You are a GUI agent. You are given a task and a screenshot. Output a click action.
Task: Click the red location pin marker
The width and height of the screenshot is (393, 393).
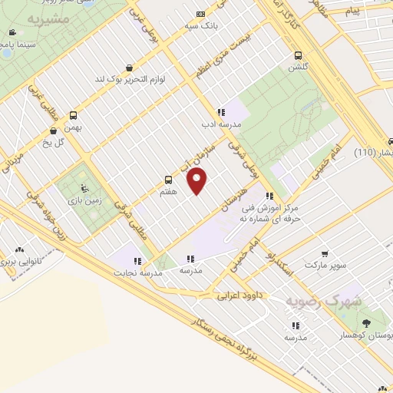point(198,181)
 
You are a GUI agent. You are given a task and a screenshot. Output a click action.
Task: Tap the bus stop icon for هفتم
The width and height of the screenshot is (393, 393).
point(168,181)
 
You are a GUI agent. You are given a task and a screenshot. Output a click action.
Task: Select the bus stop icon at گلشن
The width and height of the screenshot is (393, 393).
point(298,55)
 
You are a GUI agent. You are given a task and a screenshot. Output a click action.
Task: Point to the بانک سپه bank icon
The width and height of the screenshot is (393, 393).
point(200,13)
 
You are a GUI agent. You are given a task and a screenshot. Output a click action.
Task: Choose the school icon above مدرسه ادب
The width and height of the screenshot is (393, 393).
point(221,112)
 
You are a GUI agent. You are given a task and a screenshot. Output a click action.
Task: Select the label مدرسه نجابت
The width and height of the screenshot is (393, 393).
point(137,272)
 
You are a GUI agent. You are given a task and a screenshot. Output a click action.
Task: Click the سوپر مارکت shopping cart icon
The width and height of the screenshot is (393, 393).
point(325,253)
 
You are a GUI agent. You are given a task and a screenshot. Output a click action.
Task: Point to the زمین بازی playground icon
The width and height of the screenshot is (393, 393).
point(84,188)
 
